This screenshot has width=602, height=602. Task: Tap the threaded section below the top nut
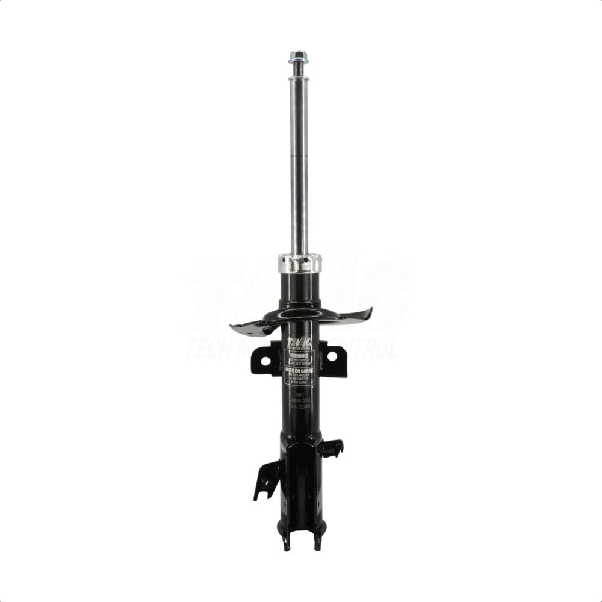coord(297,70)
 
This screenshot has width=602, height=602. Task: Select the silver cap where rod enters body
coord(299,263)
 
